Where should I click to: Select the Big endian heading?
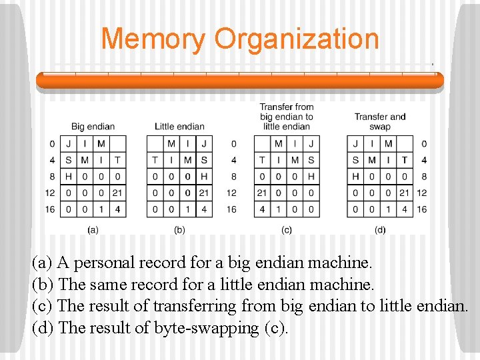pyautogui.click(x=93, y=127)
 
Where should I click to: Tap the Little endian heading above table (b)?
pyautogui.click(x=179, y=127)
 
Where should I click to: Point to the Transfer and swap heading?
pyautogui.click(x=380, y=121)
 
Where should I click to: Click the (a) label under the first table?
pyautogui.click(x=93, y=230)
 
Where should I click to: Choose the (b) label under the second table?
pyautogui.click(x=179, y=230)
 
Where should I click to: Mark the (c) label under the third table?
pyautogui.click(x=287, y=230)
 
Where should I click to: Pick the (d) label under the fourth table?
pyautogui.click(x=380, y=230)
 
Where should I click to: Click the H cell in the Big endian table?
pyautogui.click(x=69, y=176)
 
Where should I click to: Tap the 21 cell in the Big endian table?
pyautogui.click(x=117, y=193)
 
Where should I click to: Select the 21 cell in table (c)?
pyautogui.click(x=262, y=193)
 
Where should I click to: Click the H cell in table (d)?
pyautogui.click(x=355, y=176)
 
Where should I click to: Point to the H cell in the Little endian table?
pyautogui.click(x=204, y=176)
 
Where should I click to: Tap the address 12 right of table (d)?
pyautogui.click(x=422, y=193)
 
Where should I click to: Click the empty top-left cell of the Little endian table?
pyautogui.click(x=155, y=143)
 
